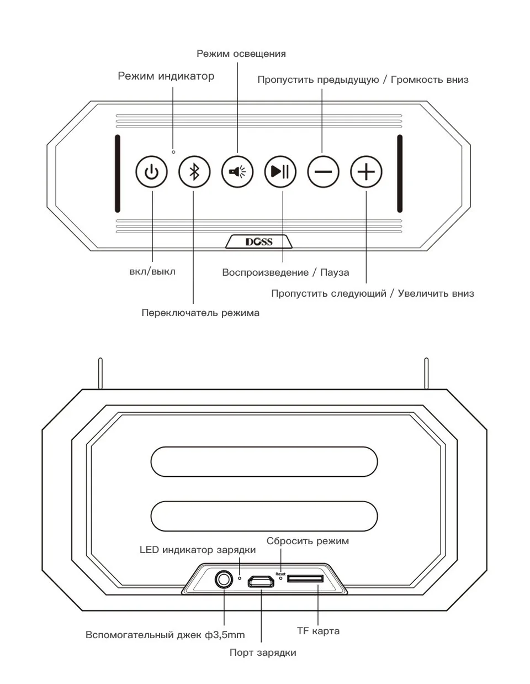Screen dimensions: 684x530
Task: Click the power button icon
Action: tap(151, 172)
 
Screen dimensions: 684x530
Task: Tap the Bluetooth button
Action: tap(194, 172)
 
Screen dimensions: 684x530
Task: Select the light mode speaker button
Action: tap(237, 172)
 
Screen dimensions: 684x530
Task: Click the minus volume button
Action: tap(324, 172)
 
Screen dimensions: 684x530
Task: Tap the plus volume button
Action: tap(367, 172)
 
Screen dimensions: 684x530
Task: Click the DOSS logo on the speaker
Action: tap(259, 241)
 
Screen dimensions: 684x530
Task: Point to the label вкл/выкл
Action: tap(152, 271)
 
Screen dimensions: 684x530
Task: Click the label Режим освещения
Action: tap(241, 54)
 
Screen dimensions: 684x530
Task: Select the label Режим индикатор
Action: tap(166, 76)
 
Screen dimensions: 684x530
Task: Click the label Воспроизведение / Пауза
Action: tap(285, 272)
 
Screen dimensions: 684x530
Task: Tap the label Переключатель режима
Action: tap(200, 313)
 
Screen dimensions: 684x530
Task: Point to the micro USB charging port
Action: tap(261, 581)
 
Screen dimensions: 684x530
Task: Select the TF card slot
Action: tap(305, 579)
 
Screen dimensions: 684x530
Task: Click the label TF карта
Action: tap(318, 630)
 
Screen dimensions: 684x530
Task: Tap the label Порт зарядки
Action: tap(263, 653)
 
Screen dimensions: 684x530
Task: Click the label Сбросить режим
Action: tap(308, 541)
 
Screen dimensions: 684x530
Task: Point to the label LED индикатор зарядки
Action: tap(198, 550)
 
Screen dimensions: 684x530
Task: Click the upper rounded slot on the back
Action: tap(264, 461)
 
